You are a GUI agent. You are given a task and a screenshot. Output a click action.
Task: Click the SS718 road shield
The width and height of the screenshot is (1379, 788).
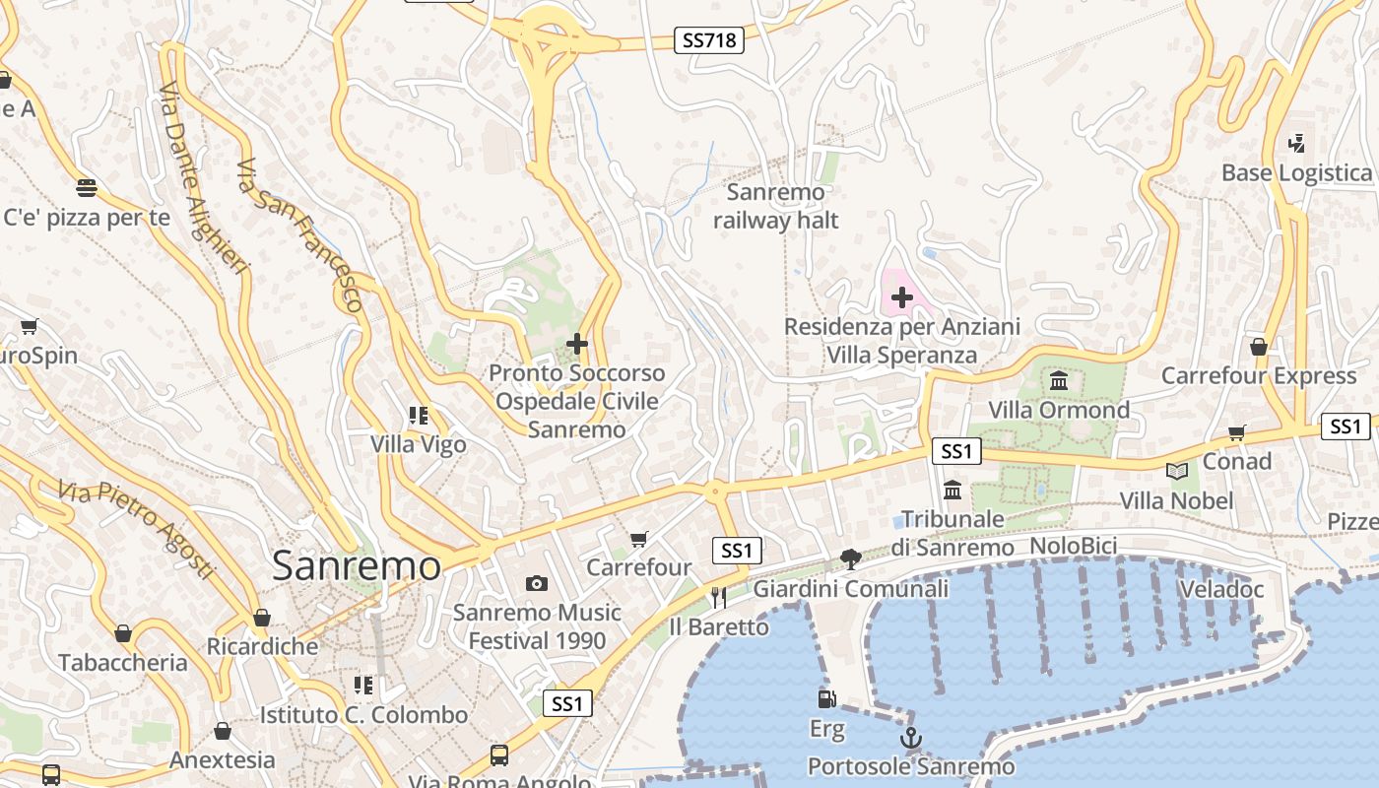click(709, 40)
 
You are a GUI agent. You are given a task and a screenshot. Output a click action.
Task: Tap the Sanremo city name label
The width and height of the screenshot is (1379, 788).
click(357, 565)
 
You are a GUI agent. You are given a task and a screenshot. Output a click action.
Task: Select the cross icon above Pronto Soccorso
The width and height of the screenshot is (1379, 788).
click(577, 344)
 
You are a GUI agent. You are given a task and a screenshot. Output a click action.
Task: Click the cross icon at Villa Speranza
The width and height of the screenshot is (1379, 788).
click(901, 296)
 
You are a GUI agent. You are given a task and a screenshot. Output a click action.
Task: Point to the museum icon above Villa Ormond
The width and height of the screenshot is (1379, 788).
click(1059, 380)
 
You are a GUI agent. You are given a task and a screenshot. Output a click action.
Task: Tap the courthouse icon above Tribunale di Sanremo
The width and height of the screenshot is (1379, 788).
click(952, 490)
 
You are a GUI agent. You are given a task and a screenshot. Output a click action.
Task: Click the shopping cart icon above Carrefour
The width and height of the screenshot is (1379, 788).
click(639, 539)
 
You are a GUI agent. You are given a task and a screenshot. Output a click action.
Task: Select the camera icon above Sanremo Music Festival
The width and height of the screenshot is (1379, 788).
click(536, 584)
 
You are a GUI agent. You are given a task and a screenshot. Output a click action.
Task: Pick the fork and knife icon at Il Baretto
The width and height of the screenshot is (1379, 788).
click(718, 597)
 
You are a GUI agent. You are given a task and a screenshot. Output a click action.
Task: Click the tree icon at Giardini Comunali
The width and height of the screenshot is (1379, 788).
click(851, 559)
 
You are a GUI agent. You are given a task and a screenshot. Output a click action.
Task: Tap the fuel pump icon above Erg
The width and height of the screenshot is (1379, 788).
click(826, 699)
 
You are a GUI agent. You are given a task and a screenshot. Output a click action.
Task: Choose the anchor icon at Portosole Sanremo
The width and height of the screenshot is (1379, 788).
click(911, 738)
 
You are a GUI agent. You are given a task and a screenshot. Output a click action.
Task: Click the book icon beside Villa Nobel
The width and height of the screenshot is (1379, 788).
click(1176, 471)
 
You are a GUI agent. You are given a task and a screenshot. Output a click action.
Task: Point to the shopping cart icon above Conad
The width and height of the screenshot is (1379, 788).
click(1237, 432)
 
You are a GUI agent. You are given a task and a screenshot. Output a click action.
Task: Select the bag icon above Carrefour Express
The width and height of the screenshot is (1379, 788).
click(1258, 347)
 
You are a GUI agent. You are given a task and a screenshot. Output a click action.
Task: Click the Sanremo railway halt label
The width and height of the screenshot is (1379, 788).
click(776, 206)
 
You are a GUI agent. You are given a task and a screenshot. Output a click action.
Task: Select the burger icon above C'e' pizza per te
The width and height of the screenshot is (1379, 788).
click(87, 188)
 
